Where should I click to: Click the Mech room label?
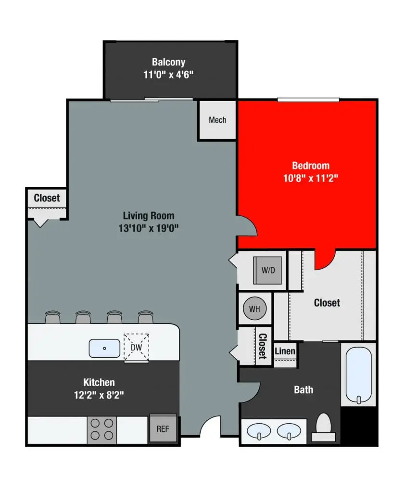pos(217,120)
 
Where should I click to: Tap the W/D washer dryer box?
pos(268,270)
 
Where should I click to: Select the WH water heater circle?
pos(254,309)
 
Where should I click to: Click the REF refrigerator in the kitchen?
pos(163,428)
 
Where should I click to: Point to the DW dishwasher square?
pos(137,346)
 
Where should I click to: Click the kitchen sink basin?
pos(104,348)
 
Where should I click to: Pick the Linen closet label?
pos(285,351)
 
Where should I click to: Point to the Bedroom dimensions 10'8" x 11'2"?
pos(310,178)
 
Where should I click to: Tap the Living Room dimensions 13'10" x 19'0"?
pos(148,228)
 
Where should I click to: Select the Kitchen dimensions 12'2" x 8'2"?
pos(99,395)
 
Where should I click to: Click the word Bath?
pos(304,389)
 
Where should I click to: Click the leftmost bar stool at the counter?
pos(52,318)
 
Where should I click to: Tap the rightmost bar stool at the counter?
pos(145,318)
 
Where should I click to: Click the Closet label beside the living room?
pos(47,197)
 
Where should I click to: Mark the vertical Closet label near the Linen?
pos(263,346)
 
